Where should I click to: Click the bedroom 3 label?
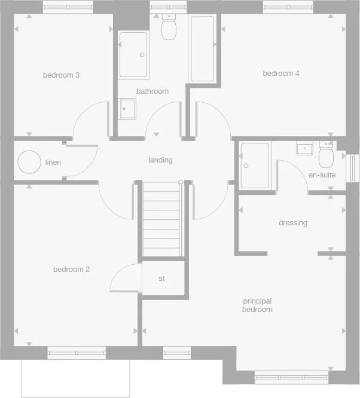click(62, 75)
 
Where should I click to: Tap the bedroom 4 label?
click(281, 74)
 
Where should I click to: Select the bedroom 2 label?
click(71, 270)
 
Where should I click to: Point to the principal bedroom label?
click(257, 305)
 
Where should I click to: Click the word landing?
click(160, 160)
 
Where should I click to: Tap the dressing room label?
click(293, 223)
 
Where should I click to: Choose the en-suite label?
click(322, 175)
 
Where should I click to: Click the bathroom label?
click(152, 91)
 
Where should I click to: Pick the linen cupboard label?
click(53, 163)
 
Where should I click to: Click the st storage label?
click(161, 278)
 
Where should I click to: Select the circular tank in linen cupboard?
click(28, 162)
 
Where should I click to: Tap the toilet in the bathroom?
click(168, 26)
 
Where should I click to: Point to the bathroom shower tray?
click(134, 54)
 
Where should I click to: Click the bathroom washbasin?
click(128, 108)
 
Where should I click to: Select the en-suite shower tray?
click(255, 165)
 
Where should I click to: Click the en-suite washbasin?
click(305, 148)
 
